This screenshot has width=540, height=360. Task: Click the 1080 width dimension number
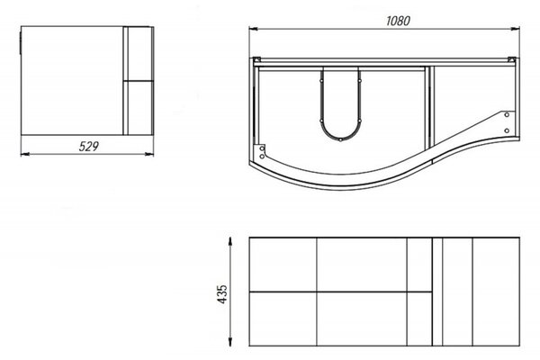[398, 21]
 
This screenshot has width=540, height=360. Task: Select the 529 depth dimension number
[88, 147]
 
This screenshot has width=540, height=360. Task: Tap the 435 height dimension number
[223, 294]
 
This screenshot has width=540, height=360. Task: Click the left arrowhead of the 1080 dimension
[253, 30]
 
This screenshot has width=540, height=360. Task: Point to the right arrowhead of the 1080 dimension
[515, 30]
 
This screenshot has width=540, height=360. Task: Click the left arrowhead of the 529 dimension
[25, 154]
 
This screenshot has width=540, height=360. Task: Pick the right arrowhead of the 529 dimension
[149, 154]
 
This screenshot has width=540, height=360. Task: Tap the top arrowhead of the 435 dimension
[230, 241]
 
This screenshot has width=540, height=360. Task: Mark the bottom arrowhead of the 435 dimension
[230, 342]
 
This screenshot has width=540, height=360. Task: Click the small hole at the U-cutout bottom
[340, 139]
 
